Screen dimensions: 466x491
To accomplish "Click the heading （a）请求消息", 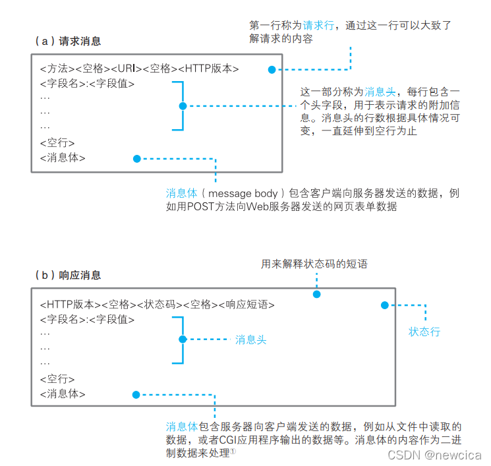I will [x=68, y=41].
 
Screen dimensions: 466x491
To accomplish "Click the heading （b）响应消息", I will [x=68, y=275].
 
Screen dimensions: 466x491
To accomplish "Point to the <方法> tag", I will [x=55, y=69].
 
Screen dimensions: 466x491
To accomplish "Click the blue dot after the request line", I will [x=272, y=69].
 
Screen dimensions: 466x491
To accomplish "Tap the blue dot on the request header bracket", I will [x=183, y=105].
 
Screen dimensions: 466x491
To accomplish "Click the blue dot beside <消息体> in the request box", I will [x=137, y=159].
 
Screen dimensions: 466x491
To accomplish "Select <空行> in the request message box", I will [x=57, y=142].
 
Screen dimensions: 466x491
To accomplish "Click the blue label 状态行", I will [x=424, y=332].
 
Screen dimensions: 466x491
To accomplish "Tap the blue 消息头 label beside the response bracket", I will [x=250, y=340].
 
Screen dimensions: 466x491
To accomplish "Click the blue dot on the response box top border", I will [x=316, y=294].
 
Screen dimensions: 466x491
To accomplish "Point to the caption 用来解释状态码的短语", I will [x=314, y=264].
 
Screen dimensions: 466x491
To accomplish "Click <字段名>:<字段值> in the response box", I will [x=87, y=320].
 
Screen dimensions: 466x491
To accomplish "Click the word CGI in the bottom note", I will [x=229, y=441].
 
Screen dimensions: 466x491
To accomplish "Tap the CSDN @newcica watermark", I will [x=434, y=455].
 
